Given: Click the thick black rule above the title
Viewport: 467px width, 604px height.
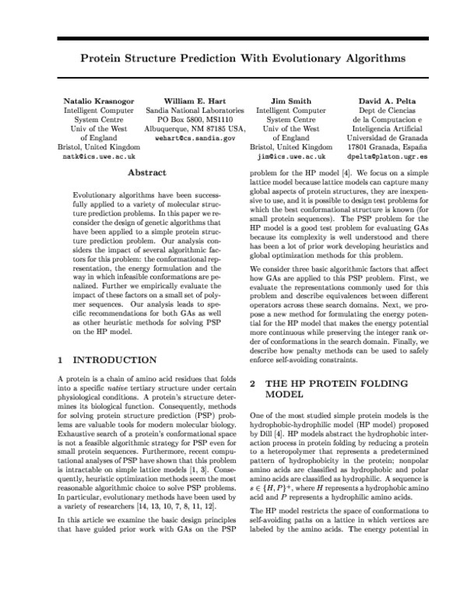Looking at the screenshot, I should coord(233,38).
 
